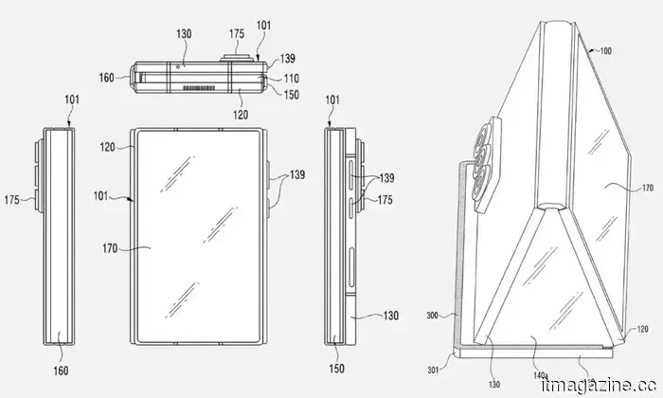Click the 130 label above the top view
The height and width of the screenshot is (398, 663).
point(184,33)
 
